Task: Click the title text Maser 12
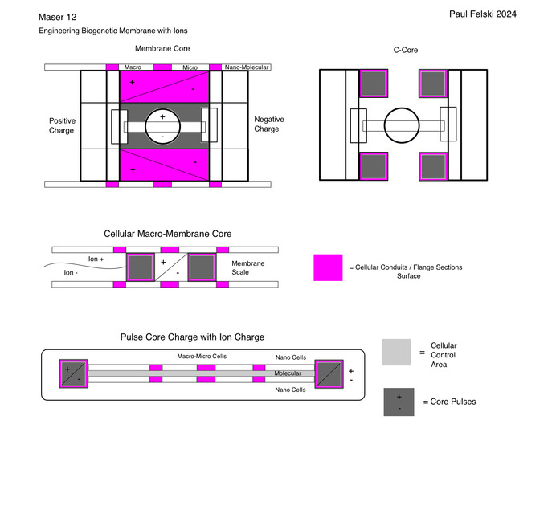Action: pyautogui.click(x=57, y=17)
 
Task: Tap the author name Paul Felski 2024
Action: pyautogui.click(x=483, y=14)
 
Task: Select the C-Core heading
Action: pyautogui.click(x=407, y=50)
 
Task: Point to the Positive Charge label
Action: pyautogui.click(x=62, y=126)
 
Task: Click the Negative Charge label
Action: pyautogui.click(x=268, y=124)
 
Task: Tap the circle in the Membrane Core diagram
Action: pyautogui.click(x=163, y=126)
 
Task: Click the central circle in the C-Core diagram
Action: pyautogui.click(x=403, y=125)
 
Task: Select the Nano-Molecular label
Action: pyautogui.click(x=247, y=67)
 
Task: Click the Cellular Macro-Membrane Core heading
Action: pyautogui.click(x=168, y=234)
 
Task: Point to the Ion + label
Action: pyautogui.click(x=97, y=259)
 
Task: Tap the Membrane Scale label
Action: pyautogui.click(x=247, y=268)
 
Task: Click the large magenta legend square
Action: pyautogui.click(x=328, y=267)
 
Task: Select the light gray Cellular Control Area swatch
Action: pyautogui.click(x=397, y=353)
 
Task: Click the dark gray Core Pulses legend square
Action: pyautogui.click(x=399, y=402)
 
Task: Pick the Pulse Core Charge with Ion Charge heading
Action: pyautogui.click(x=192, y=337)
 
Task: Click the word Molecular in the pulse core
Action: pyautogui.click(x=288, y=373)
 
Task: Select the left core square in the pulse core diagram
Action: pyautogui.click(x=74, y=373)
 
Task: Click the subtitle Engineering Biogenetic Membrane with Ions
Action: pyautogui.click(x=113, y=31)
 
